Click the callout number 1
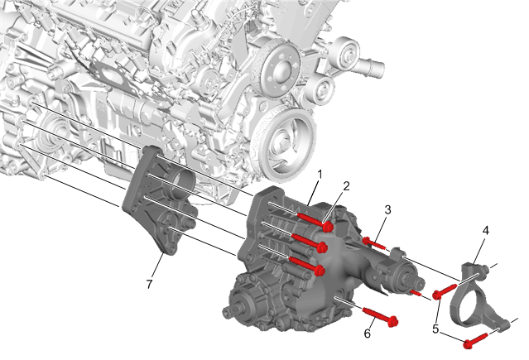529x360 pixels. point(320,175)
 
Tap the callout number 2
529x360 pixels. point(346,186)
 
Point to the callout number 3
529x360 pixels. point(387,209)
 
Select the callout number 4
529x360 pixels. point(485,230)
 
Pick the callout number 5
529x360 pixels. point(435,329)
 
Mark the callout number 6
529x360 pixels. point(368,334)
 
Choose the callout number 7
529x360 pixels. point(150,284)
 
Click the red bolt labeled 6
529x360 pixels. point(380,316)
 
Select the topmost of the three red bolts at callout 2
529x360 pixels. point(315,221)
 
